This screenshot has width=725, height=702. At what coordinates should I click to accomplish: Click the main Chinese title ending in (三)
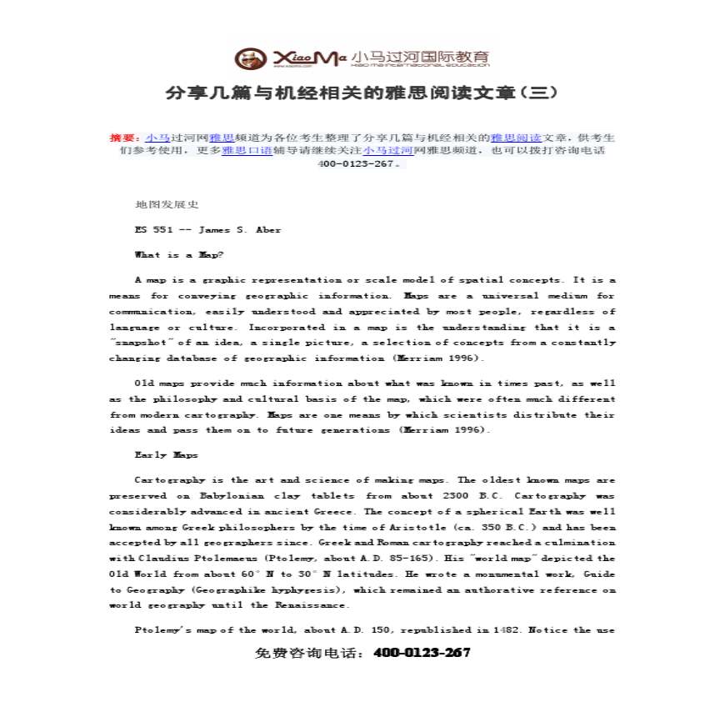point(362,92)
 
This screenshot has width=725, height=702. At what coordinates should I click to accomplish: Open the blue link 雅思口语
point(247,151)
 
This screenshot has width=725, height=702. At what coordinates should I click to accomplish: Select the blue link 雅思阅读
point(517,138)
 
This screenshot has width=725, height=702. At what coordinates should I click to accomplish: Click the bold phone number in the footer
point(422,654)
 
